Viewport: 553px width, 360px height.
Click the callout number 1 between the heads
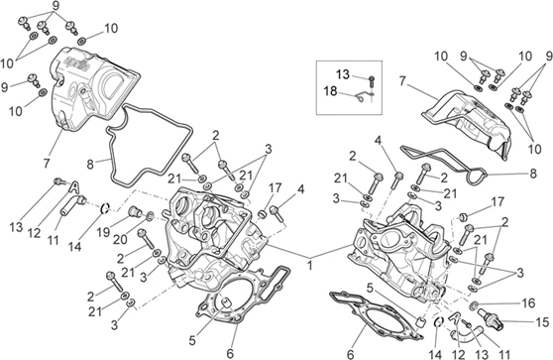click(x=309, y=265)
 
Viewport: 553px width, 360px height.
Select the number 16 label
click(x=528, y=303)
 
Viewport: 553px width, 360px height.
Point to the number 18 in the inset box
click(x=331, y=91)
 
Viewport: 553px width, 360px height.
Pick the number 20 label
click(x=120, y=240)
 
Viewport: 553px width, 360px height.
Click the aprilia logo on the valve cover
click(x=77, y=63)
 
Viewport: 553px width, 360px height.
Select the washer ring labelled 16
click(x=475, y=304)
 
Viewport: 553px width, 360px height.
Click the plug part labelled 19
click(x=136, y=212)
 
